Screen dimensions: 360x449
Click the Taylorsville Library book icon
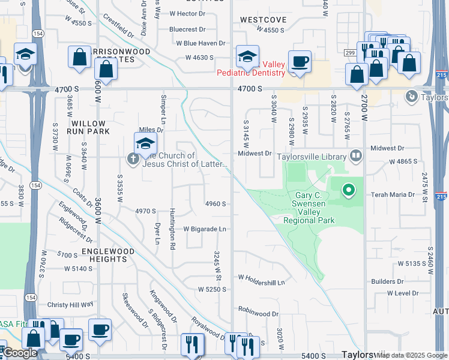[x=356, y=156]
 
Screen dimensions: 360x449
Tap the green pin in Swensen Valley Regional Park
[x=349, y=191]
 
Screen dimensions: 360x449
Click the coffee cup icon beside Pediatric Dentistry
[x=300, y=61]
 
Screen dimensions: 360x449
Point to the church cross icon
[x=132, y=158]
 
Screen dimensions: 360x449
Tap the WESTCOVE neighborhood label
[x=263, y=20]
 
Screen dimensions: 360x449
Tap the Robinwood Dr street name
[x=258, y=313]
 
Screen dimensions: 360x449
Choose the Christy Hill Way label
[x=71, y=305]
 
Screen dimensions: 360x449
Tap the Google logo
[x=19, y=353]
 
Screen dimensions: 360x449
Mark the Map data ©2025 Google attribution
[x=412, y=355]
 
